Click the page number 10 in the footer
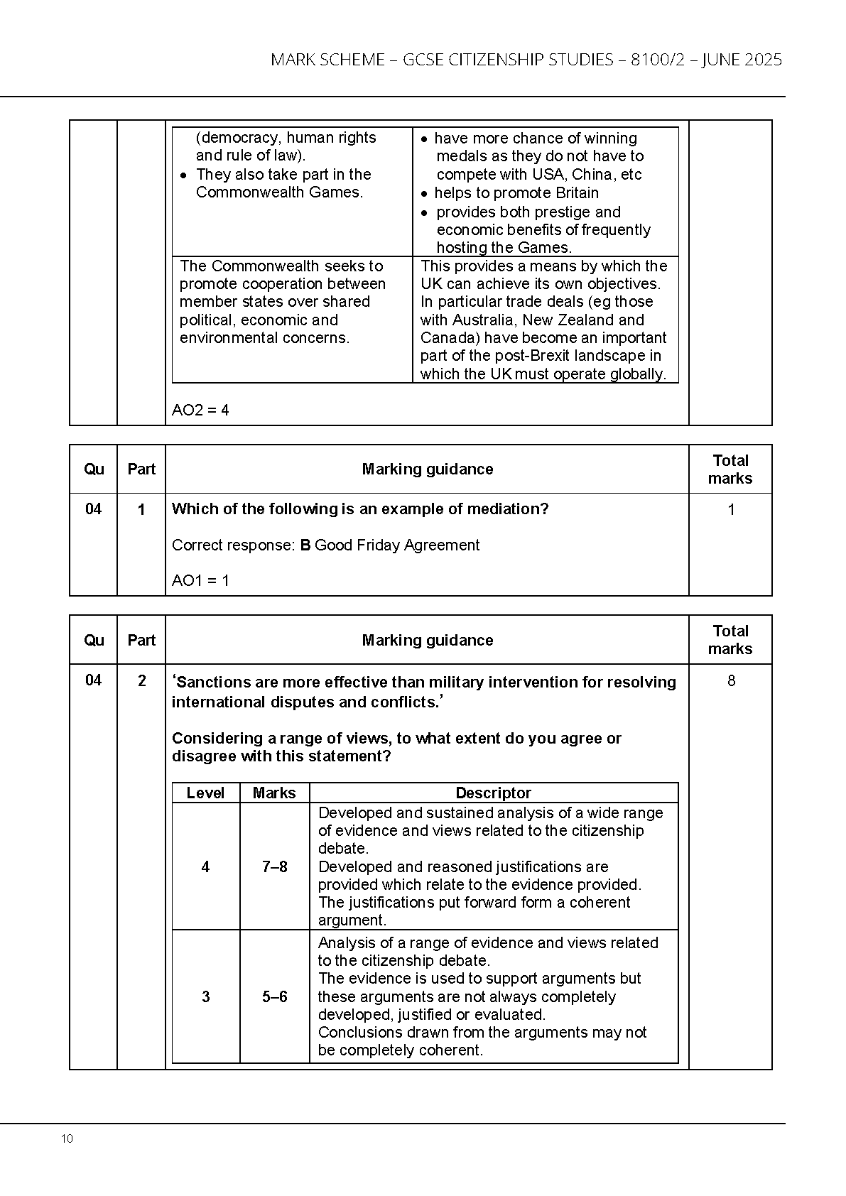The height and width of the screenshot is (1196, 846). pyautogui.click(x=67, y=1139)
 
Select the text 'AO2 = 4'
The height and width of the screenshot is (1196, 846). pyautogui.click(x=200, y=410)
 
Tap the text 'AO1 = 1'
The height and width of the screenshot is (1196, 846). pyautogui.click(x=200, y=580)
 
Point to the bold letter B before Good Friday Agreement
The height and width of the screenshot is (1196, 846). pyautogui.click(x=305, y=545)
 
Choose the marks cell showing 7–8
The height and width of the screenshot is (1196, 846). pyautogui.click(x=274, y=866)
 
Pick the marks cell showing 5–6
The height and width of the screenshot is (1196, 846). pyautogui.click(x=274, y=996)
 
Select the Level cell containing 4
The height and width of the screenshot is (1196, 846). pyautogui.click(x=205, y=866)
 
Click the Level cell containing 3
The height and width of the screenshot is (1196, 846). pyautogui.click(x=205, y=996)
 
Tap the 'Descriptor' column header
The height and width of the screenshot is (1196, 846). pyautogui.click(x=493, y=793)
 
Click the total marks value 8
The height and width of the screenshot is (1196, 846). pyautogui.click(x=731, y=681)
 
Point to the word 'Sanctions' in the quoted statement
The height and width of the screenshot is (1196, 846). pyautogui.click(x=212, y=682)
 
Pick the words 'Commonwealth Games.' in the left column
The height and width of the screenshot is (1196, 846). pyautogui.click(x=279, y=192)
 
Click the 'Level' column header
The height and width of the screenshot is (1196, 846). pyautogui.click(x=205, y=793)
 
